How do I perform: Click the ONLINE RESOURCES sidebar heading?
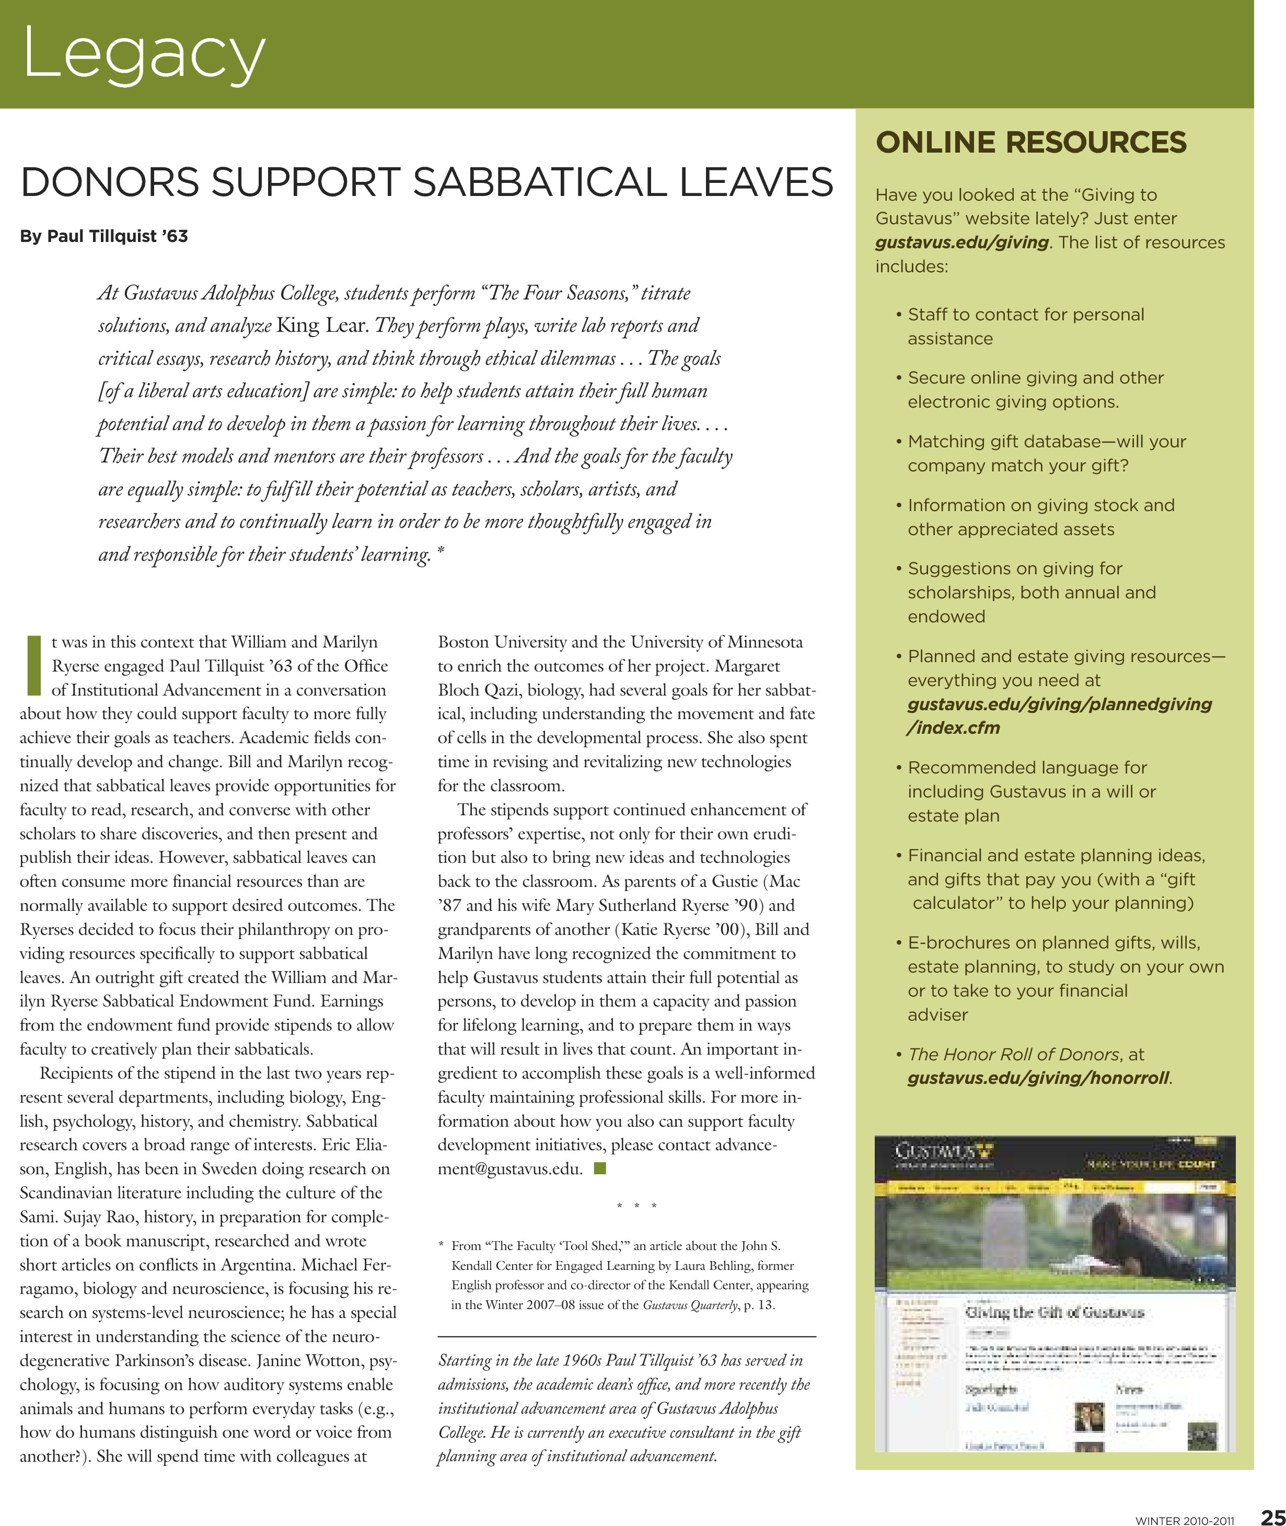1031,142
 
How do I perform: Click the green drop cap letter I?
32,665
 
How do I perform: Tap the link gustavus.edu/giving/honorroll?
1038,1078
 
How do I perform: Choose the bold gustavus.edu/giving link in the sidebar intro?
961,242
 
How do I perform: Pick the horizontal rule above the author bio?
626,1336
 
